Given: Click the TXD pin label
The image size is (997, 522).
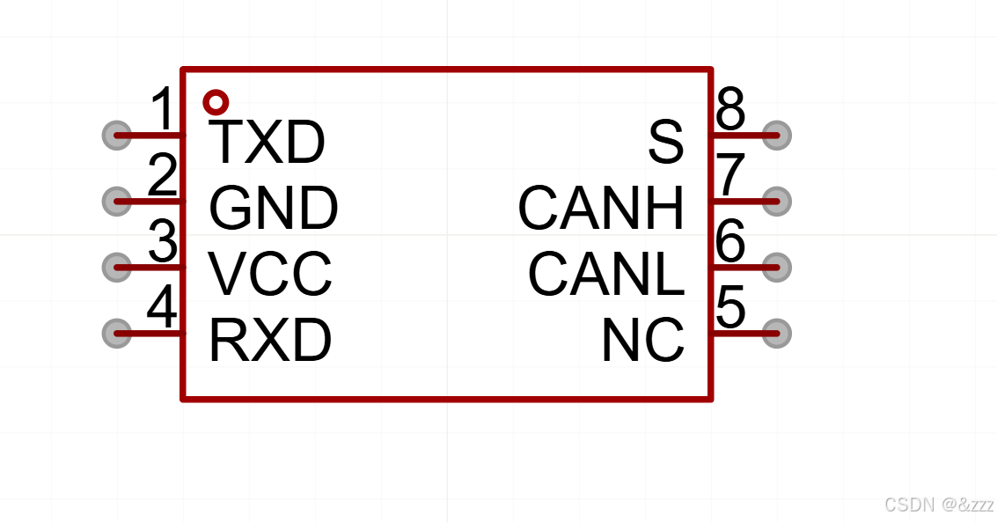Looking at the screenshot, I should tap(268, 143).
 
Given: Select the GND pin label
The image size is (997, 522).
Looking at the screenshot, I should tap(273, 209).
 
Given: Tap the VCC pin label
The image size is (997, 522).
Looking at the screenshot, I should tap(270, 274).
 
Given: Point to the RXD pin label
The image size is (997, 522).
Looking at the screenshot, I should tap(270, 341).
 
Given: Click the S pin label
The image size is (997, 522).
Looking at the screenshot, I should tap(666, 143).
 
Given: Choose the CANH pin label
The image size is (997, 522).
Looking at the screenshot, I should tap(601, 209).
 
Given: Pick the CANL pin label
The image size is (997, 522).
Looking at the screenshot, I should tap(606, 274).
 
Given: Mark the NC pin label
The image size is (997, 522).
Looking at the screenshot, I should tap(643, 341).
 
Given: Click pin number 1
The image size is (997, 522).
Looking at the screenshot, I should tap(164, 111).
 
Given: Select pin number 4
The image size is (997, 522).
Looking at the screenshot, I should tap(163, 308).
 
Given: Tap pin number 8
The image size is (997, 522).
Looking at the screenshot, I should tap(730, 111).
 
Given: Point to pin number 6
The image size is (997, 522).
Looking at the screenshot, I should tap(730, 242).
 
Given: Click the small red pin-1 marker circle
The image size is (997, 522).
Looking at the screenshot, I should tap(216, 103).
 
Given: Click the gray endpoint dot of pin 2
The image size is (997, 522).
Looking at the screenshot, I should tap(116, 202).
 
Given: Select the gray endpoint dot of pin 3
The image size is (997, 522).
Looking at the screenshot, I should tap(116, 267).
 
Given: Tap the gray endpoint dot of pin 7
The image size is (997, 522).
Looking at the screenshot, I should tap(776, 202).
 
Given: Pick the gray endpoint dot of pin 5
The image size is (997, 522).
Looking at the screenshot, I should tap(776, 333).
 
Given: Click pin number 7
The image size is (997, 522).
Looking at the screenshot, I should tap(731, 176).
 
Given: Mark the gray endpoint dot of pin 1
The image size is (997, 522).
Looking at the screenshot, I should tap(116, 136).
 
